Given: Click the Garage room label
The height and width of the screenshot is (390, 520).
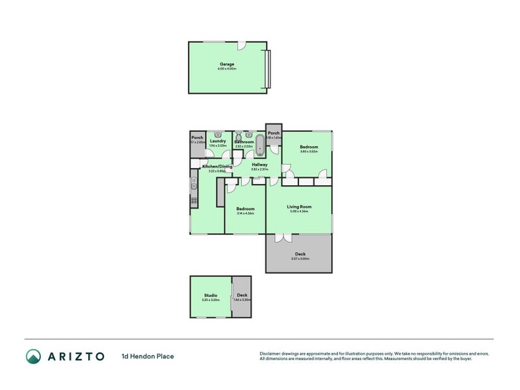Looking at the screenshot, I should pos(227,64).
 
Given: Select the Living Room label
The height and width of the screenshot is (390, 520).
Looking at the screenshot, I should pos(298,207).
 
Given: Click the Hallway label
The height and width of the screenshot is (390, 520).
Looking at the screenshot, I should pos(259,164).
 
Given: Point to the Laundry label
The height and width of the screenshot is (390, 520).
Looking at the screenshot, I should pos(218,141).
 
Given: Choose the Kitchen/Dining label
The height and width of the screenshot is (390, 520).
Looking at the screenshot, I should pos(217,166).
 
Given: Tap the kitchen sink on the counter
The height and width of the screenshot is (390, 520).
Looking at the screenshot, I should pos(194,187).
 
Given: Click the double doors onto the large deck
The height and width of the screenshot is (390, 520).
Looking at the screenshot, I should pos(283,238).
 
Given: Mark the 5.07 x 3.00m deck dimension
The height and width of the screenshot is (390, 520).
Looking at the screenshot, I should pos(300,259).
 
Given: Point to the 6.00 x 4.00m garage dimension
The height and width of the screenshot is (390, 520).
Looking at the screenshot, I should pos(227,69).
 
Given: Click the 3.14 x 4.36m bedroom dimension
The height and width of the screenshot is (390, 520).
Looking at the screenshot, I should pos(245,213).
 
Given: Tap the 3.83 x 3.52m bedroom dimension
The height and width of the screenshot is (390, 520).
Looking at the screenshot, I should pos(308,152).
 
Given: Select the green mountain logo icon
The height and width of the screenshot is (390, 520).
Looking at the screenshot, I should pos(33,356).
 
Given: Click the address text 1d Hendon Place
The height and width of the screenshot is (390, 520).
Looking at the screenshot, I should pos(148,356).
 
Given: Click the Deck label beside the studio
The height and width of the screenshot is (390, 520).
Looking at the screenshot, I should pos(242,294).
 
